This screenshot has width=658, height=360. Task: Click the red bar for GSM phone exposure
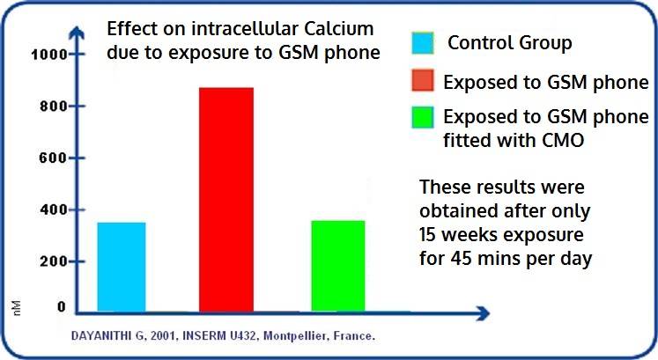[226, 200]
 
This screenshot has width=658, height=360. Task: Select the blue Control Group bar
[122, 267]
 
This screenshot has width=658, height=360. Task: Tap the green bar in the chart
[338, 266]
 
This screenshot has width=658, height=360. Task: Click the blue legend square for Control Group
[423, 43]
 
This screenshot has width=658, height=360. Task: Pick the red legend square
[423, 80]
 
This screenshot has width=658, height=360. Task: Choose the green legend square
[423, 117]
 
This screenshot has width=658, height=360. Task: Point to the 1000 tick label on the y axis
[48, 55]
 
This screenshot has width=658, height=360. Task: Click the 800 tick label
[54, 107]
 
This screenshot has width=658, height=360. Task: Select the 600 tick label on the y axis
[54, 158]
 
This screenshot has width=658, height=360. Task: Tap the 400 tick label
[54, 209]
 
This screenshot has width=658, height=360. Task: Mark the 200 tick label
[54, 261]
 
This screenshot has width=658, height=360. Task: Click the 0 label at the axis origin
[62, 307]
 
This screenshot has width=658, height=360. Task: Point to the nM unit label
[17, 308]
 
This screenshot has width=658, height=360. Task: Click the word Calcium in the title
[338, 29]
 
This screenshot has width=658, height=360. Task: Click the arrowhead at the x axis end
[483, 313]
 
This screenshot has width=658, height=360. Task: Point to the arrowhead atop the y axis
[77, 33]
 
